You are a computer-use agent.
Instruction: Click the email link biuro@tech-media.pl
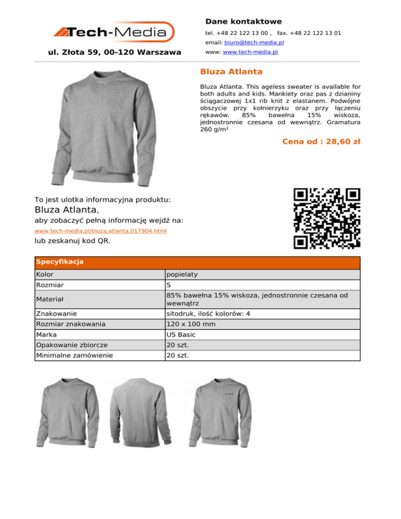(x=254, y=42)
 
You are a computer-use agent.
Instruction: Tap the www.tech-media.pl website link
(x=250, y=52)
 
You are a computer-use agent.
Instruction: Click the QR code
(x=327, y=217)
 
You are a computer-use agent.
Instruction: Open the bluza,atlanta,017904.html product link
(x=100, y=231)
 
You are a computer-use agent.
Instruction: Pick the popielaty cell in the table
(x=182, y=274)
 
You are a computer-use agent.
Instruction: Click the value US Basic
(x=181, y=334)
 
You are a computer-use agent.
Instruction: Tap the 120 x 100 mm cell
(x=190, y=324)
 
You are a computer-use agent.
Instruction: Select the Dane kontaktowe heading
(x=243, y=21)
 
